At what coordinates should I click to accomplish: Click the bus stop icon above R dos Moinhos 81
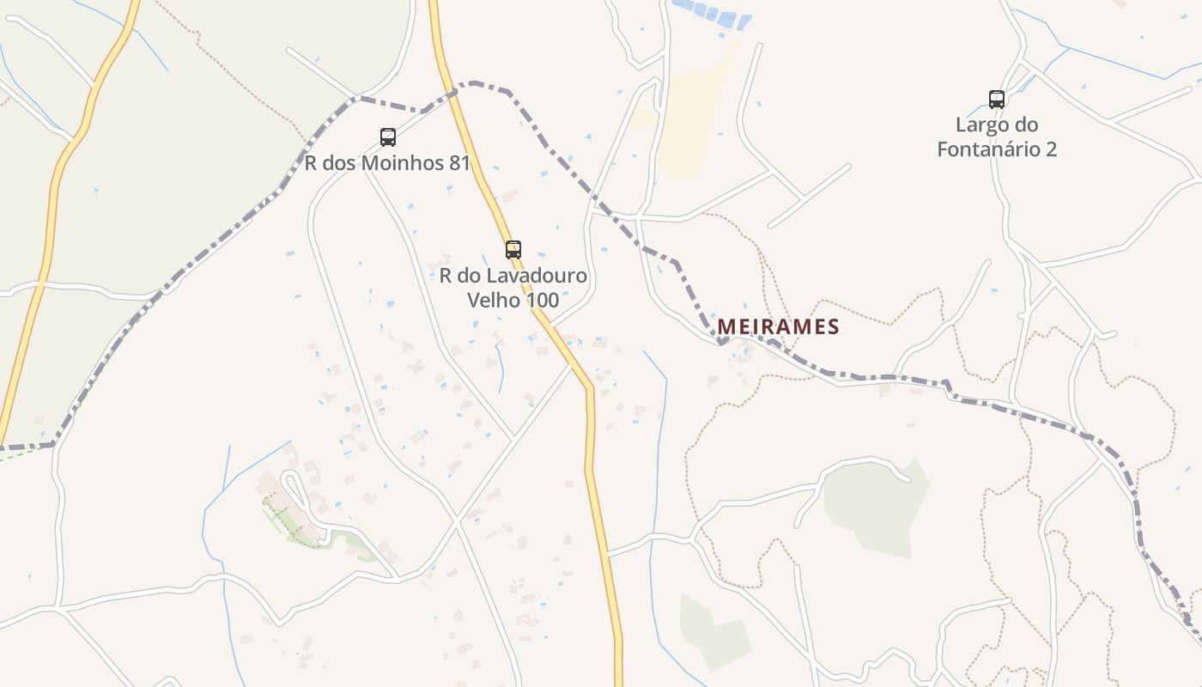pyautogui.click(x=388, y=137)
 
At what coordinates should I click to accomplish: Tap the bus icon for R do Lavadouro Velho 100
pyautogui.click(x=513, y=250)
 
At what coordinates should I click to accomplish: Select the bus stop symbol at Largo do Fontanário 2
pyautogui.click(x=996, y=99)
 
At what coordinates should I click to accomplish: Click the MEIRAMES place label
pyautogui.click(x=778, y=327)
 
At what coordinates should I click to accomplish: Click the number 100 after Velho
pyautogui.click(x=543, y=300)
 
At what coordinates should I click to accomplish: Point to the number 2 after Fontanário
pyautogui.click(x=1050, y=149)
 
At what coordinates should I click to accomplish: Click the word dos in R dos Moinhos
pyautogui.click(x=337, y=163)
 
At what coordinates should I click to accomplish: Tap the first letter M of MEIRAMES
pyautogui.click(x=726, y=327)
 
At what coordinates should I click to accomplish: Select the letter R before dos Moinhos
pyautogui.click(x=312, y=163)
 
